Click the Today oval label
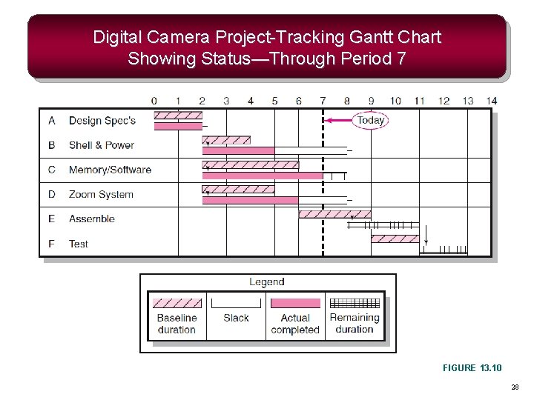pyautogui.click(x=370, y=120)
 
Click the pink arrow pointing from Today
pyautogui.click(x=340, y=120)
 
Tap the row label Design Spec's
pyautogui.click(x=102, y=120)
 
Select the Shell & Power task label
pyautogui.click(x=101, y=145)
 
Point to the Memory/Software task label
pyautogui.click(x=110, y=170)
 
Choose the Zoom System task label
pyautogui.click(x=101, y=194)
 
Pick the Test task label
pyautogui.click(x=78, y=244)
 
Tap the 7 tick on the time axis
pyautogui.click(x=323, y=101)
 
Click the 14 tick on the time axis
pyautogui.click(x=492, y=101)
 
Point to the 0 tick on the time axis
pyautogui.click(x=154, y=101)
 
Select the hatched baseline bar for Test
pyautogui.click(x=395, y=239)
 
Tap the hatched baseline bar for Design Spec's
pyautogui.click(x=178, y=116)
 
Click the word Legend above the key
pyautogui.click(x=267, y=282)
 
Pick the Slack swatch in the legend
pyautogui.click(x=236, y=303)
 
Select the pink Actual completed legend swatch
pyautogui.click(x=295, y=303)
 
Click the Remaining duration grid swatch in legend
pyautogui.click(x=355, y=303)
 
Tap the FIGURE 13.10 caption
pyautogui.click(x=472, y=368)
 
